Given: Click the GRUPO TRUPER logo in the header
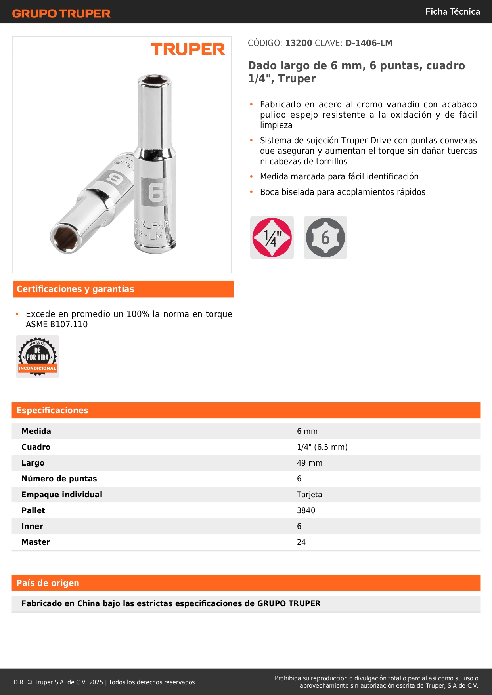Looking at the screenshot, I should (61, 13).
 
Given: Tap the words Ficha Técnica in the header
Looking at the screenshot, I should (452, 11).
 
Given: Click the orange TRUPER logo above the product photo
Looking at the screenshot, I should (188, 49).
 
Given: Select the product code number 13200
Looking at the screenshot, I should (299, 43).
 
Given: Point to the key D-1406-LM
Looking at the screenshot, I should (369, 43).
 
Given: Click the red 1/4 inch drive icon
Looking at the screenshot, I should (272, 237).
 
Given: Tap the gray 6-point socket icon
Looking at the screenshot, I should (325, 237).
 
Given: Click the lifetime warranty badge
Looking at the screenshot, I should (38, 357).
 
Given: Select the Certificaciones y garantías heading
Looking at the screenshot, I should (75, 289).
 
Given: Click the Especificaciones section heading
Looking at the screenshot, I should (52, 410).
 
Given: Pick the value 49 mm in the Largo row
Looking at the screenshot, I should (309, 463).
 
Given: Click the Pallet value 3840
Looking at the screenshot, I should (306, 510).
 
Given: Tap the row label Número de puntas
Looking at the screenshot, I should (59, 479).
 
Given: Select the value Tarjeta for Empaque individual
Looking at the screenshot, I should (309, 495).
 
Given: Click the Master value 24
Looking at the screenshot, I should (301, 542).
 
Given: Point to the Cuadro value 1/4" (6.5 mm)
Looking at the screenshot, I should (322, 447).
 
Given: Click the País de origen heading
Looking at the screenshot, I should (48, 583).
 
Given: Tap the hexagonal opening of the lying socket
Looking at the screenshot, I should (65, 237).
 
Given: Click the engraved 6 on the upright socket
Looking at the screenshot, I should (156, 192).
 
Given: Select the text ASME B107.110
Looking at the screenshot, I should (57, 324).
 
